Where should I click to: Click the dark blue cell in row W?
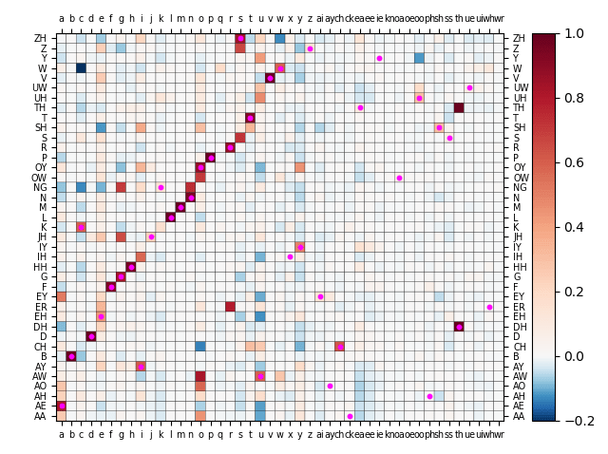[81, 67]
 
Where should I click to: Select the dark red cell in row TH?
[459, 107]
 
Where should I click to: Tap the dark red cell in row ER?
[230, 306]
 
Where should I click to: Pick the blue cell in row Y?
[419, 58]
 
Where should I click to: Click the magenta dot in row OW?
[399, 178]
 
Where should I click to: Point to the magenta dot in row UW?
[469, 87]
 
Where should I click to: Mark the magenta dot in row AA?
[350, 416]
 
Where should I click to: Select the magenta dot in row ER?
[489, 307]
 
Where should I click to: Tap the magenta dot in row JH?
[151, 236]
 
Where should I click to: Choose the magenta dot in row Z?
[310, 48]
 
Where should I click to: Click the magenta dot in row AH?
[429, 396]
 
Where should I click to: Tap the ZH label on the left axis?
[41, 39]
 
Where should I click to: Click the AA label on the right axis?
[519, 416]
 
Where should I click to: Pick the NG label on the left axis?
[41, 187]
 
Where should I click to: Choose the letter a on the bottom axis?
[61, 432]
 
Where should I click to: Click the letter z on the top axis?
[310, 19]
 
